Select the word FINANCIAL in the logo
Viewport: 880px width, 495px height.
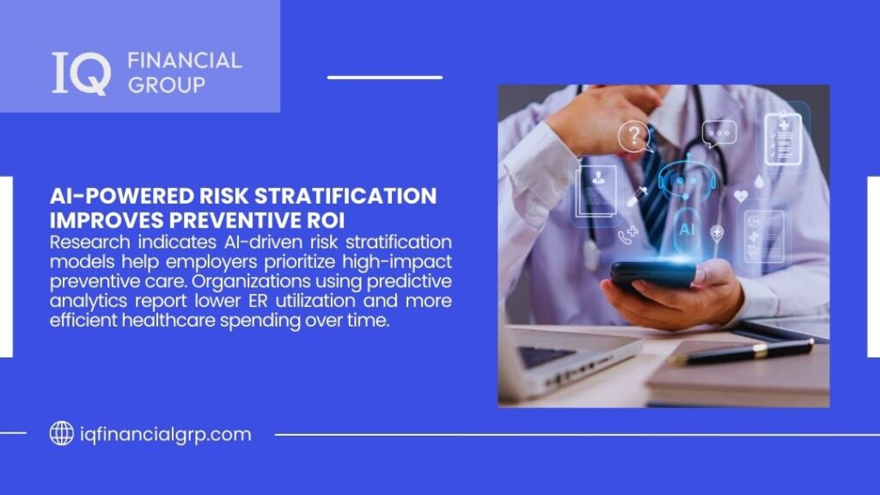[x=184, y=61]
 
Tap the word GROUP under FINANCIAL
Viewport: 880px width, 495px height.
[x=166, y=85]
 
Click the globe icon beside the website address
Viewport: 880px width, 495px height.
[x=61, y=434]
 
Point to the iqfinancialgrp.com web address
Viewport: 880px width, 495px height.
[x=162, y=434]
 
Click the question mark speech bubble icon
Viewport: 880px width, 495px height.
[x=635, y=136]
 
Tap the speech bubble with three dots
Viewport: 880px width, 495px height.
[x=718, y=133]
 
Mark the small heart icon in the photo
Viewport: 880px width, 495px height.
[x=740, y=196]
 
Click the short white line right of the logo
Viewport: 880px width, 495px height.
[x=384, y=77]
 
